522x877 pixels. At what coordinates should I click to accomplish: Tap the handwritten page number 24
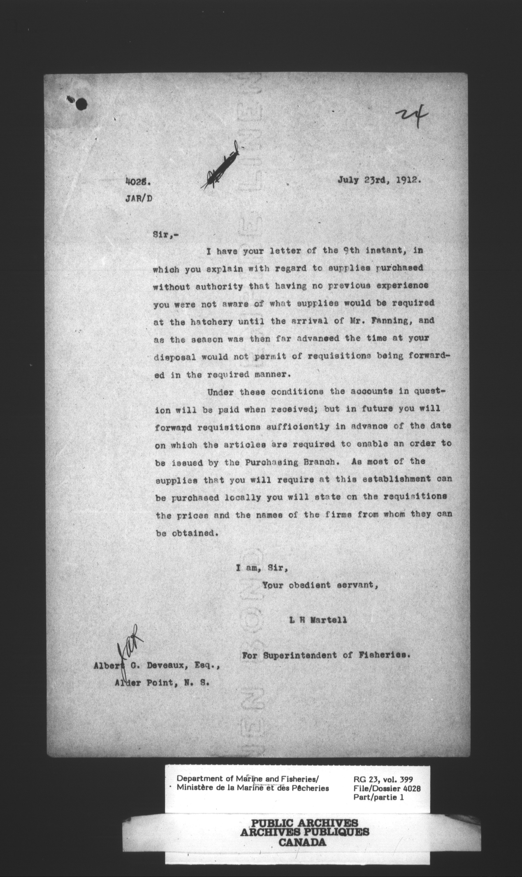pos(412,116)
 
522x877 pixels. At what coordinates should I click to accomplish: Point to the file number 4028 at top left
pos(138,182)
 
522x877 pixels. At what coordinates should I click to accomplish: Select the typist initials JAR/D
pos(139,199)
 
